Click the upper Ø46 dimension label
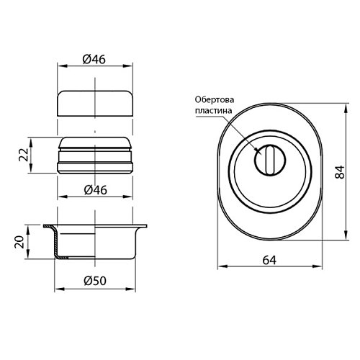[94, 59]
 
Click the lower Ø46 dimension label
[95, 190]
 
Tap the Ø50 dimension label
[95, 281]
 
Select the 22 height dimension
[24, 155]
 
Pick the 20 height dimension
[19, 242]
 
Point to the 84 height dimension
[340, 172]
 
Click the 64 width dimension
[269, 260]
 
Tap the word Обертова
[215, 99]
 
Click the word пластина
[213, 111]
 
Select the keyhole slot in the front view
[270, 160]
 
